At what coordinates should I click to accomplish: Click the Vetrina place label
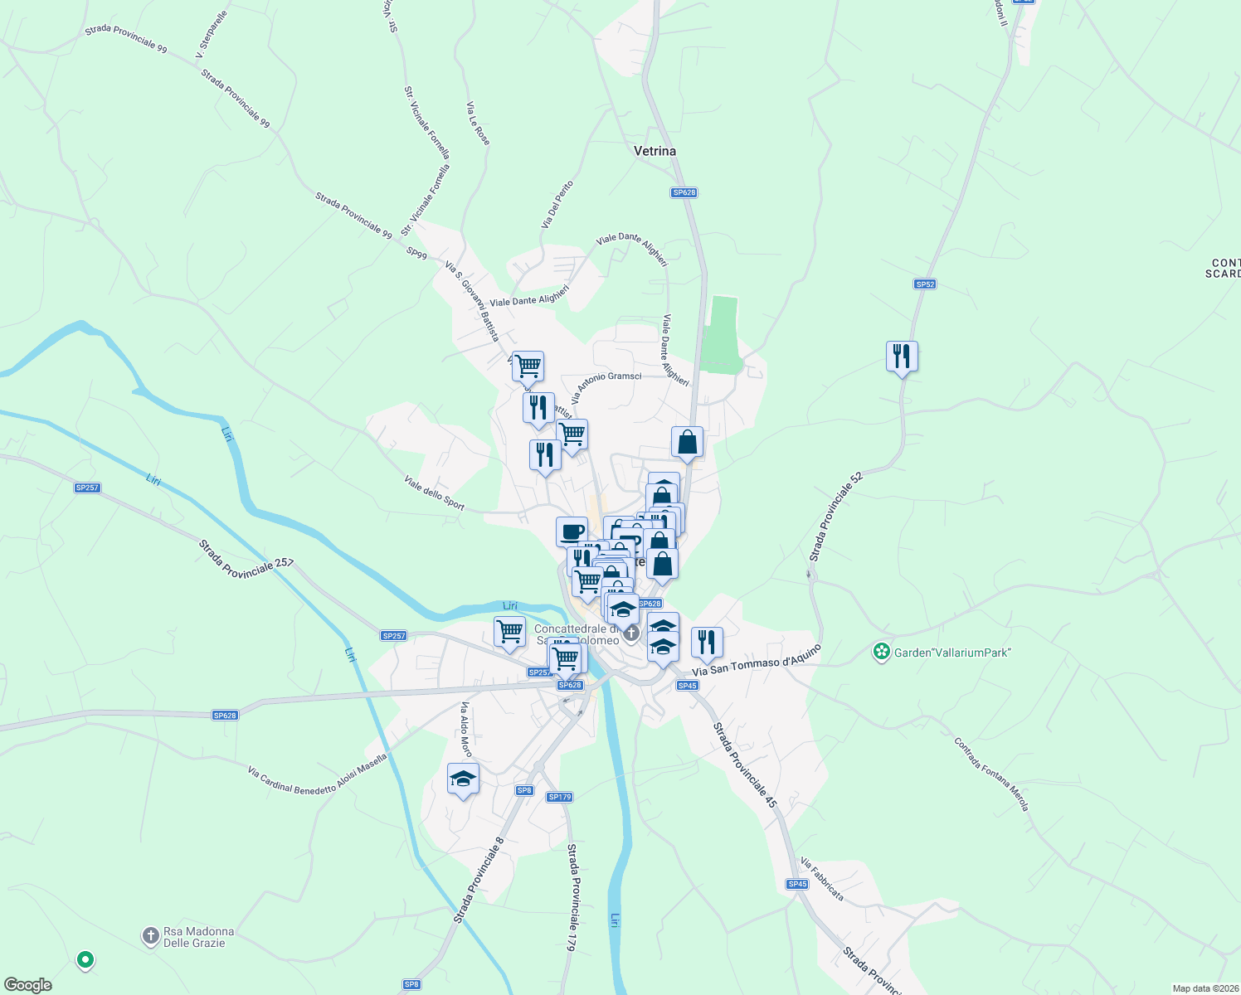point(655,151)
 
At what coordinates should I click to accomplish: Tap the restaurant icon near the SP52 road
point(902,357)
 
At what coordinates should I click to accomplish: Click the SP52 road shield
point(925,284)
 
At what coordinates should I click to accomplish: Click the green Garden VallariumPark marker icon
point(882,652)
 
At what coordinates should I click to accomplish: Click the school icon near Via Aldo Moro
point(463,779)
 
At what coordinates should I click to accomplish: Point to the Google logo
point(28,985)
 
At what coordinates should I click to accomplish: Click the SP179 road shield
point(560,797)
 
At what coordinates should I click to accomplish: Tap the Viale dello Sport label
point(434,493)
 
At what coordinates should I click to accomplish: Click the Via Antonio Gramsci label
point(606,387)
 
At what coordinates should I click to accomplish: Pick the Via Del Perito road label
point(557,205)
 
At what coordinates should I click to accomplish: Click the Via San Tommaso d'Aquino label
point(757,660)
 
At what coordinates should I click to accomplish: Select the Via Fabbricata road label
point(822,880)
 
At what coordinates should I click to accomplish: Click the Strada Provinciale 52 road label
point(836,517)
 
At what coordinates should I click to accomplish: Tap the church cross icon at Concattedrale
point(631,634)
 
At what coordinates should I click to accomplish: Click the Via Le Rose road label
point(478,124)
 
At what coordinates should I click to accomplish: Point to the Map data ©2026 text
point(1204,988)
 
